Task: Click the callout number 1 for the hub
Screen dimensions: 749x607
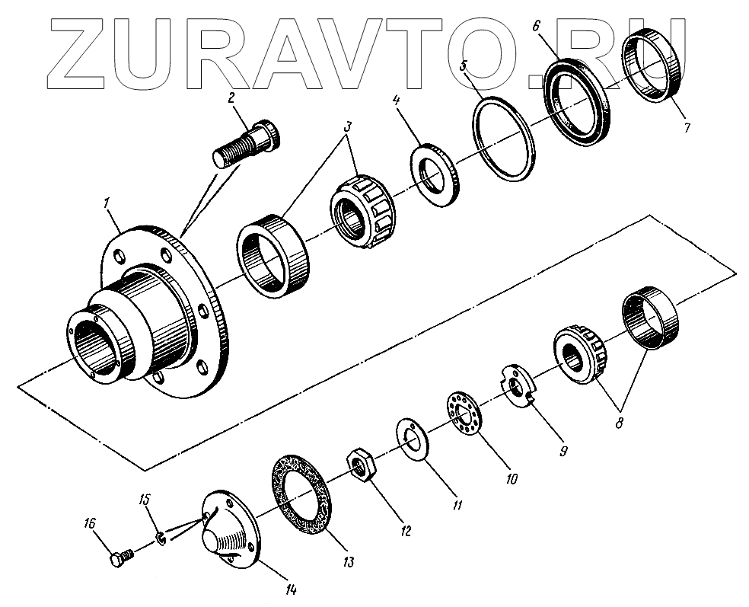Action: pyautogui.click(x=107, y=203)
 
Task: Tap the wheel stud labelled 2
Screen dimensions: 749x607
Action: pyautogui.click(x=247, y=143)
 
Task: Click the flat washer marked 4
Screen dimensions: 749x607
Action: pyautogui.click(x=435, y=174)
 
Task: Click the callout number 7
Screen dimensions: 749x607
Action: pyautogui.click(x=687, y=128)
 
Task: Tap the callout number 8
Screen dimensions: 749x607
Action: pyautogui.click(x=619, y=423)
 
